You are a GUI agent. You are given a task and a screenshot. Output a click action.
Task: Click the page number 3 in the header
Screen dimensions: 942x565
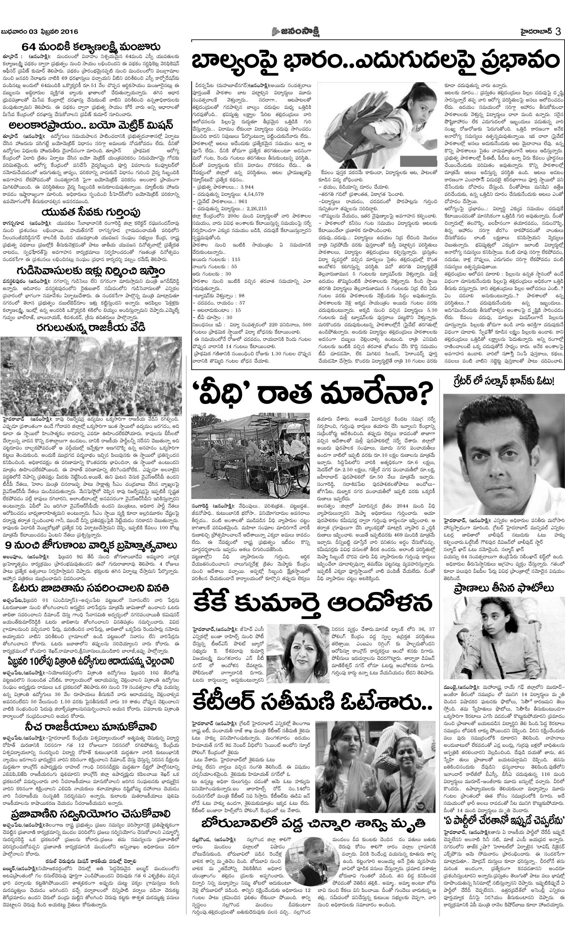[x=558, y=31]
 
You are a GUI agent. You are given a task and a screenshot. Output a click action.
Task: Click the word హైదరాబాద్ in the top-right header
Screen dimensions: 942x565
[x=535, y=31]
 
